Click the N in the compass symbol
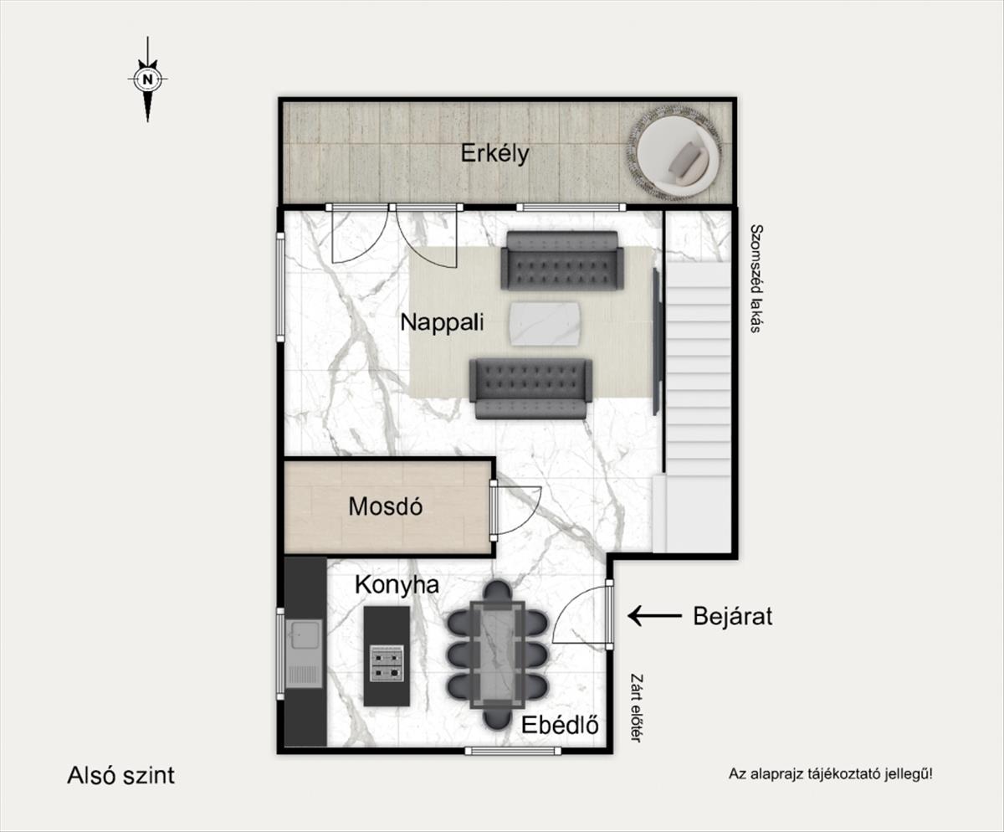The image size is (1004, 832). [x=147, y=80]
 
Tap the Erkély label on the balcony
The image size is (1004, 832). [x=494, y=153]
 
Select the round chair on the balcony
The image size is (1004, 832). [x=674, y=153]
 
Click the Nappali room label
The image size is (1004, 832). [x=442, y=322]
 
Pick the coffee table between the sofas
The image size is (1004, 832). [x=545, y=323]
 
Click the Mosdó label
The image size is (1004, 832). [x=385, y=506]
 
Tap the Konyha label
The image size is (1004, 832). [x=397, y=585]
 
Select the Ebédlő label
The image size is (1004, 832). [x=561, y=725]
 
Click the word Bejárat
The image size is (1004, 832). [x=732, y=616]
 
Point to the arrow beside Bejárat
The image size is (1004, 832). [x=655, y=615]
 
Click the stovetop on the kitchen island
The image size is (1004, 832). [x=387, y=664]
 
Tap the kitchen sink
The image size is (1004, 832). [x=304, y=653]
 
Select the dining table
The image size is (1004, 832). [x=498, y=655]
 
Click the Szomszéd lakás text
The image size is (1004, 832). [x=756, y=278]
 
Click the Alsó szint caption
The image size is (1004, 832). [x=120, y=775]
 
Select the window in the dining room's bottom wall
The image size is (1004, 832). [x=513, y=751]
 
